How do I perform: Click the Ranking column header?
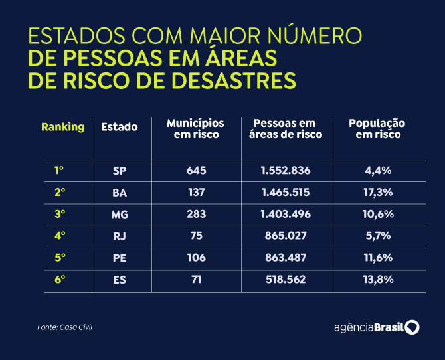tap(62, 127)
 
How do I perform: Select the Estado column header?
tap(120, 127)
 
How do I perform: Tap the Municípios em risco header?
tap(195, 129)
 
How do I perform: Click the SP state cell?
tap(120, 171)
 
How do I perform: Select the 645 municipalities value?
tap(197, 171)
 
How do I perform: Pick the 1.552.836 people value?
tap(286, 171)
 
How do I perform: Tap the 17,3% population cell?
tap(379, 193)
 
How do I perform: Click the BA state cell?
tap(120, 193)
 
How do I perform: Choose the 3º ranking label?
tap(60, 214)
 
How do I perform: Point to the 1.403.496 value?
tap(286, 214)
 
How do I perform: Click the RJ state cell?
tap(120, 236)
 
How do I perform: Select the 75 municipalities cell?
tap(197, 236)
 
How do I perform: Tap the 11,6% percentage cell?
tap(379, 258)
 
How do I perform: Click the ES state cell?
tap(120, 280)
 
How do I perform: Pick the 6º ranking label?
tap(60, 280)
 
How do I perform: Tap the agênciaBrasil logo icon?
tap(412, 327)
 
